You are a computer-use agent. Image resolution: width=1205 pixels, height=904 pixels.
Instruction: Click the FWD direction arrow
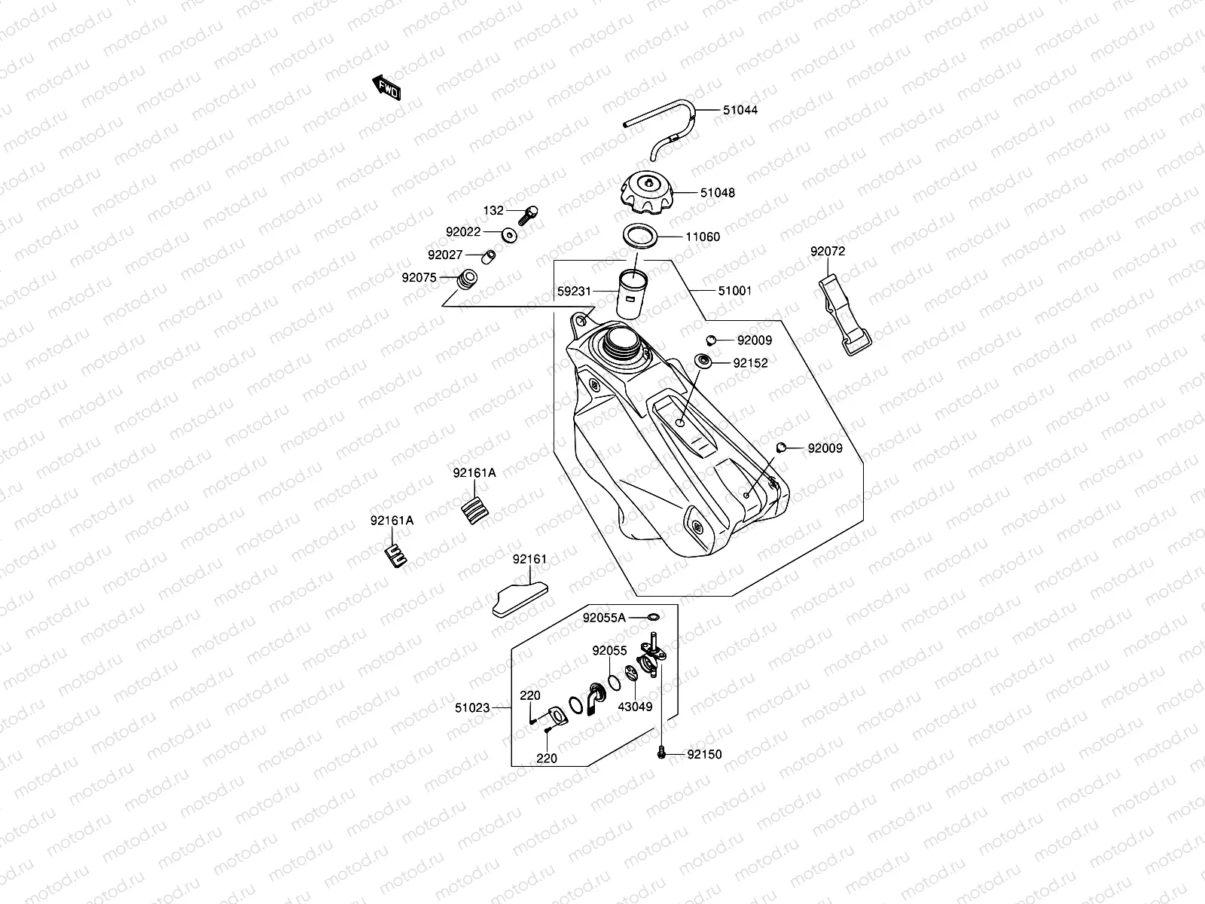point(386,88)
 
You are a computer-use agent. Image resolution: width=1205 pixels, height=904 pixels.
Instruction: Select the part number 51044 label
point(740,110)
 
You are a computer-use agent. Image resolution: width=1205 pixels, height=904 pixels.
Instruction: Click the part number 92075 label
point(419,277)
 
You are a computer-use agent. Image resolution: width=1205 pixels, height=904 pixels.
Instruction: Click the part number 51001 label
point(734,290)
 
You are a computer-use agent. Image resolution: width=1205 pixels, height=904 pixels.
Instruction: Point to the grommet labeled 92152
point(703,362)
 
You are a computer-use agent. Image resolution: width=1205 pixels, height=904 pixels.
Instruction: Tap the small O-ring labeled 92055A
point(654,618)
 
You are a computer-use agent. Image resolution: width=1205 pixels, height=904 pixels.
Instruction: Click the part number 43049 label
point(635,707)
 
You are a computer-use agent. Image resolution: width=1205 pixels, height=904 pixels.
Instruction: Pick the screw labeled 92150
point(661,752)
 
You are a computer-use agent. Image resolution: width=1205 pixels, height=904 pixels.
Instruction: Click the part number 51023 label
point(472,708)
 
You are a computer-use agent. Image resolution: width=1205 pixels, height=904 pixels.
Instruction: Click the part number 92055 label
point(609,650)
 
